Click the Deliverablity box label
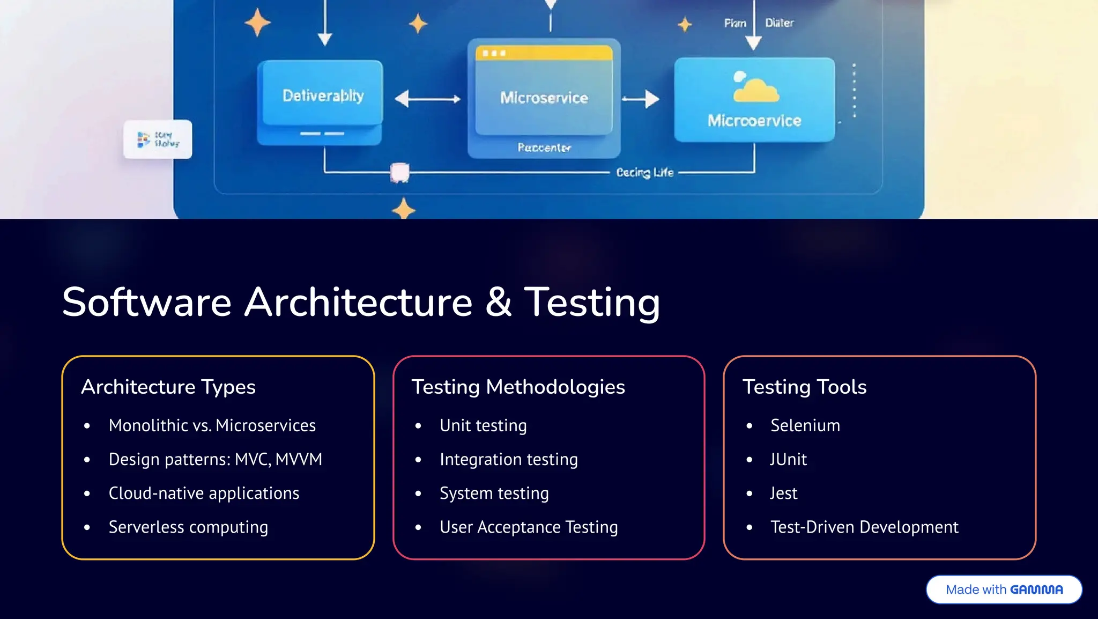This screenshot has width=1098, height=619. (323, 95)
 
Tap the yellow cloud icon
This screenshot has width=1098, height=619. (756, 89)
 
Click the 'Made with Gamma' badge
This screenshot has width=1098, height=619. (1004, 589)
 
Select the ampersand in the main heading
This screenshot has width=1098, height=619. (498, 302)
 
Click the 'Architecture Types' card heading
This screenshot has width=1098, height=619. (168, 387)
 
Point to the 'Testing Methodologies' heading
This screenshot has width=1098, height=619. (518, 387)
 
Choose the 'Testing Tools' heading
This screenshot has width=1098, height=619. (804, 387)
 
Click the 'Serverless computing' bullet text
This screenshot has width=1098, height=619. (188, 527)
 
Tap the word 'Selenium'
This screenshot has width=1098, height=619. (805, 425)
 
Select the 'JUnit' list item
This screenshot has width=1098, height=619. (788, 459)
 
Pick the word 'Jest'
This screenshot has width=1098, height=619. (783, 493)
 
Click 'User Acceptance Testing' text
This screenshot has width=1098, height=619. (529, 527)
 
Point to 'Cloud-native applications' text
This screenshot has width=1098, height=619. (204, 493)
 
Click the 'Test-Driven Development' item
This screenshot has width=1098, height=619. (864, 527)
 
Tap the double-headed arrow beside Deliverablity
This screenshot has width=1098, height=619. (427, 99)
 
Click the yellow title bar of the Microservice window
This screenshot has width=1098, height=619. (544, 53)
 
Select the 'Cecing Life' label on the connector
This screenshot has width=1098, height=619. (644, 173)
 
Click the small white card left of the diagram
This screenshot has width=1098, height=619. (158, 139)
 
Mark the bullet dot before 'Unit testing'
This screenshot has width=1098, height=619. (418, 426)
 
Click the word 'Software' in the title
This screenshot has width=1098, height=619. (146, 302)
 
